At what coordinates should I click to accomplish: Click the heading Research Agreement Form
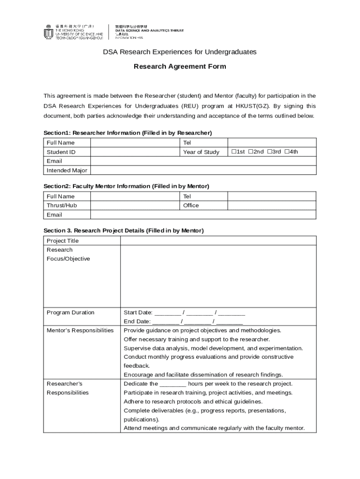point(180,66)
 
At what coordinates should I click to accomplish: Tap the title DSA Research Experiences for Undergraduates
point(180,52)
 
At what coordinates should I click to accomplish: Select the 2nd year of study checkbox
point(251,152)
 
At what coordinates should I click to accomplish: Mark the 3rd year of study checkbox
point(269,152)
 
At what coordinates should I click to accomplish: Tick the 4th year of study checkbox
point(287,152)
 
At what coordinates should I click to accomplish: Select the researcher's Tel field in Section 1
point(271,143)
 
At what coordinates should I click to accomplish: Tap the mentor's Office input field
point(271,205)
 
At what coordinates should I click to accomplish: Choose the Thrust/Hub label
point(62,205)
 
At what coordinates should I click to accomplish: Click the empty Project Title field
point(218,241)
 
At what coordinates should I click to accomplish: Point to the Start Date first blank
point(167,313)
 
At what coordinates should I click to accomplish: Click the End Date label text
point(137,322)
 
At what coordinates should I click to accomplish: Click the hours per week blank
point(173,384)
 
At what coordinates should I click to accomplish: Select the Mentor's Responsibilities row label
point(80,331)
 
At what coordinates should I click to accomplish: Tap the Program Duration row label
point(71,312)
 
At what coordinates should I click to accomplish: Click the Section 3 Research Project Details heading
point(123,231)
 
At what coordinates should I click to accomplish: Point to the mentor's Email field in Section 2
point(203,215)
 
